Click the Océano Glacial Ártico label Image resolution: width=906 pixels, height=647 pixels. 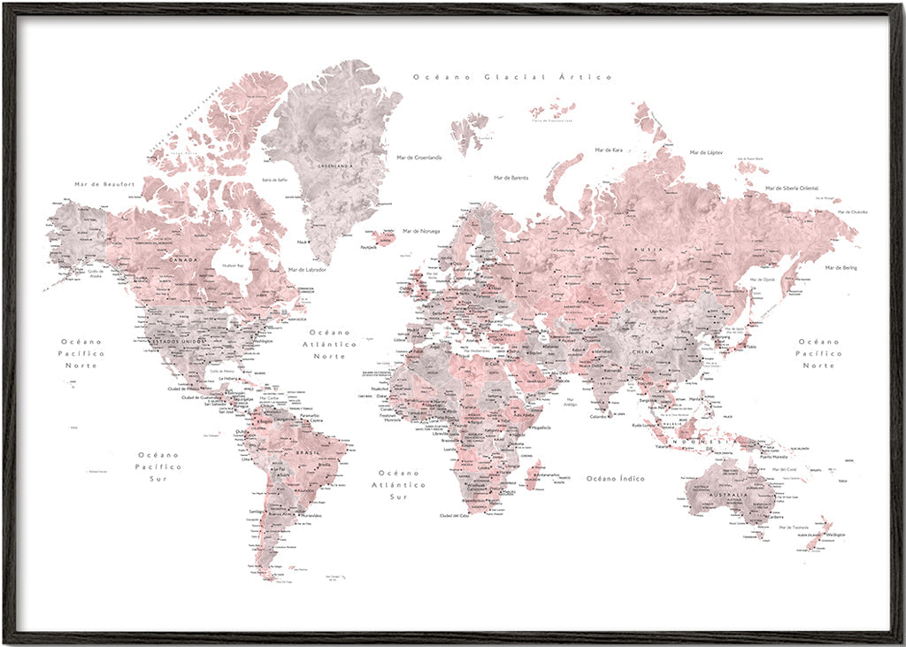point(512,77)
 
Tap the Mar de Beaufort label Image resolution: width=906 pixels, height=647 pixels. point(104,184)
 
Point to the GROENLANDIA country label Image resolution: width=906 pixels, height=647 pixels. point(335,166)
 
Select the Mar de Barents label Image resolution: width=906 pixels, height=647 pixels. point(511,178)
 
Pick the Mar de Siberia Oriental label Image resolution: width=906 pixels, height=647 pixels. point(792,188)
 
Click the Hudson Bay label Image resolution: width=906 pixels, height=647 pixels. point(234,265)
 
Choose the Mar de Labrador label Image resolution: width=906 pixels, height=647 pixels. point(307,269)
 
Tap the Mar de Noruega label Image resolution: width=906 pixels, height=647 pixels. point(421,231)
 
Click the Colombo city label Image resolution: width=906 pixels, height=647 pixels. point(599,416)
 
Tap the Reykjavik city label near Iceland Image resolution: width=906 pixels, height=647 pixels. point(368,248)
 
